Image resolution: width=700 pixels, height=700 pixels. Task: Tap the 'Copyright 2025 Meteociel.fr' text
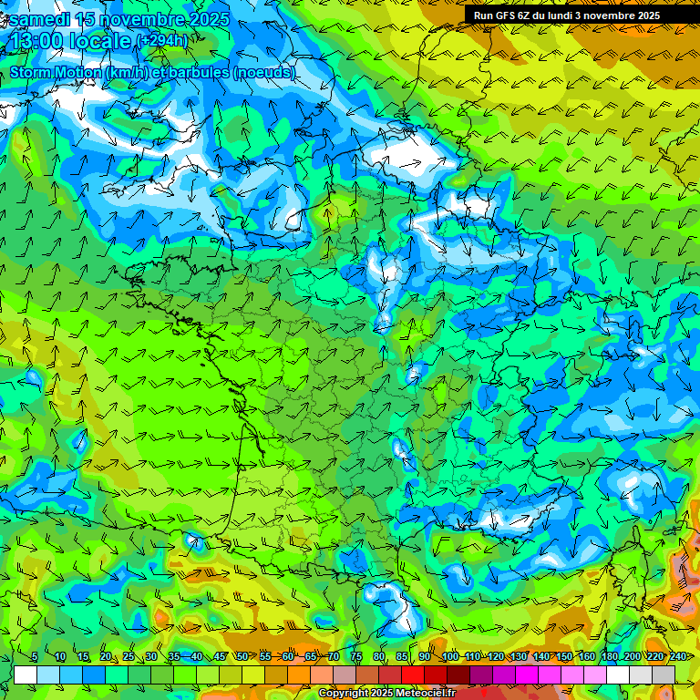coord(386,694)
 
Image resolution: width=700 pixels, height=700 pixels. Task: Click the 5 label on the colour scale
coord(34,656)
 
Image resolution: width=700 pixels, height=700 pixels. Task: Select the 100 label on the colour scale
coord(449,656)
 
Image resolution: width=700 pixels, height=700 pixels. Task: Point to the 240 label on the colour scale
coord(677,656)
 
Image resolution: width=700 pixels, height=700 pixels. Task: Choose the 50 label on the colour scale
coord(242,656)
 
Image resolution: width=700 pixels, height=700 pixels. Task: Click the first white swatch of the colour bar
coord(26,674)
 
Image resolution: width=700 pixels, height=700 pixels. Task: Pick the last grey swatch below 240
coord(664,674)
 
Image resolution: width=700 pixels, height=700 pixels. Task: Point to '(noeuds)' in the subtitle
coord(264,72)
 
